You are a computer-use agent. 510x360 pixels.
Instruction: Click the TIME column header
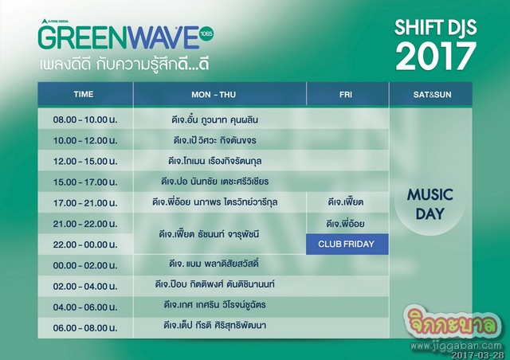(x=84, y=94)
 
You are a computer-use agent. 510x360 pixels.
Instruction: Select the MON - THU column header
(x=214, y=95)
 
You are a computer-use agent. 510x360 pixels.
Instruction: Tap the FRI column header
(x=345, y=95)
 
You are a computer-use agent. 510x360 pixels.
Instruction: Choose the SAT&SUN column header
(x=432, y=95)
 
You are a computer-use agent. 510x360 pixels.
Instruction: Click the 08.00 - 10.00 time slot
(x=85, y=119)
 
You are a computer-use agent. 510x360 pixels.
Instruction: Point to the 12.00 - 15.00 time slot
(x=85, y=162)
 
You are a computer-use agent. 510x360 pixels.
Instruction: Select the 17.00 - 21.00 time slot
(x=85, y=203)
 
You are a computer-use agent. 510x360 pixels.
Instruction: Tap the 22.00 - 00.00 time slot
(x=85, y=245)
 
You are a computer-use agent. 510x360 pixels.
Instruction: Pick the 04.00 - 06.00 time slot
(x=85, y=307)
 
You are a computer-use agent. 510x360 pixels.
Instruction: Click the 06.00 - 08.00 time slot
(x=85, y=328)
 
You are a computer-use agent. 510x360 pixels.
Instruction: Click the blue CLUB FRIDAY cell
(x=347, y=244)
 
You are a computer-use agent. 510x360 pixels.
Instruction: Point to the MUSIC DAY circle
(x=430, y=204)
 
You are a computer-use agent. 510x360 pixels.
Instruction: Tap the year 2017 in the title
(x=436, y=56)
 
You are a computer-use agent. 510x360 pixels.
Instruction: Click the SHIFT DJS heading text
(x=436, y=27)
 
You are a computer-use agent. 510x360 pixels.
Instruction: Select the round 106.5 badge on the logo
(x=206, y=33)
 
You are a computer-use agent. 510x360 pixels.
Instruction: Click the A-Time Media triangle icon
(x=45, y=22)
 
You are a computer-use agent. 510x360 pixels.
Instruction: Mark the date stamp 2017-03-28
(x=478, y=354)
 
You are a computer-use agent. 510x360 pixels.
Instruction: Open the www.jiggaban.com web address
(x=456, y=346)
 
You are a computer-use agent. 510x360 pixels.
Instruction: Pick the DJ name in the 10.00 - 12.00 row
(x=214, y=140)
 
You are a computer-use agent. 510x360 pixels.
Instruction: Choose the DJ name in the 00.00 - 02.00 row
(x=214, y=263)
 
